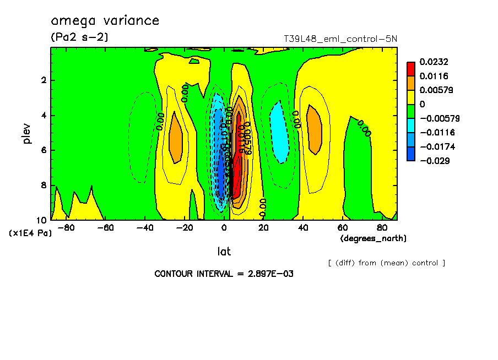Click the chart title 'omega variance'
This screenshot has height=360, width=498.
(x=105, y=21)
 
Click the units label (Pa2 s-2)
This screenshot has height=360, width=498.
(x=79, y=37)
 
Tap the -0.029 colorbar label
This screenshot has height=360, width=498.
(x=434, y=161)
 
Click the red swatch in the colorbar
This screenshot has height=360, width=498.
(x=410, y=68)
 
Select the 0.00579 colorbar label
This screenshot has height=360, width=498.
(x=436, y=90)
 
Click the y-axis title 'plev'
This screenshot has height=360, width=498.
(x=28, y=133)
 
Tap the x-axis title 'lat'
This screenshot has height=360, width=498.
(x=224, y=252)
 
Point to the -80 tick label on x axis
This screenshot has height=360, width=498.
(x=66, y=227)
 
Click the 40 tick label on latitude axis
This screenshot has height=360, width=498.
(x=303, y=227)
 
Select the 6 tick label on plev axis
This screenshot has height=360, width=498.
(x=44, y=150)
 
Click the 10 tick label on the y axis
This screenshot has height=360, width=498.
(x=41, y=220)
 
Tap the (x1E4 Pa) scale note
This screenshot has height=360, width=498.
(x=30, y=233)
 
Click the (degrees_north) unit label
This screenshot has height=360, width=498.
(x=373, y=238)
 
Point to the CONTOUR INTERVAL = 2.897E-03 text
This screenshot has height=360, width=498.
(x=224, y=274)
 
